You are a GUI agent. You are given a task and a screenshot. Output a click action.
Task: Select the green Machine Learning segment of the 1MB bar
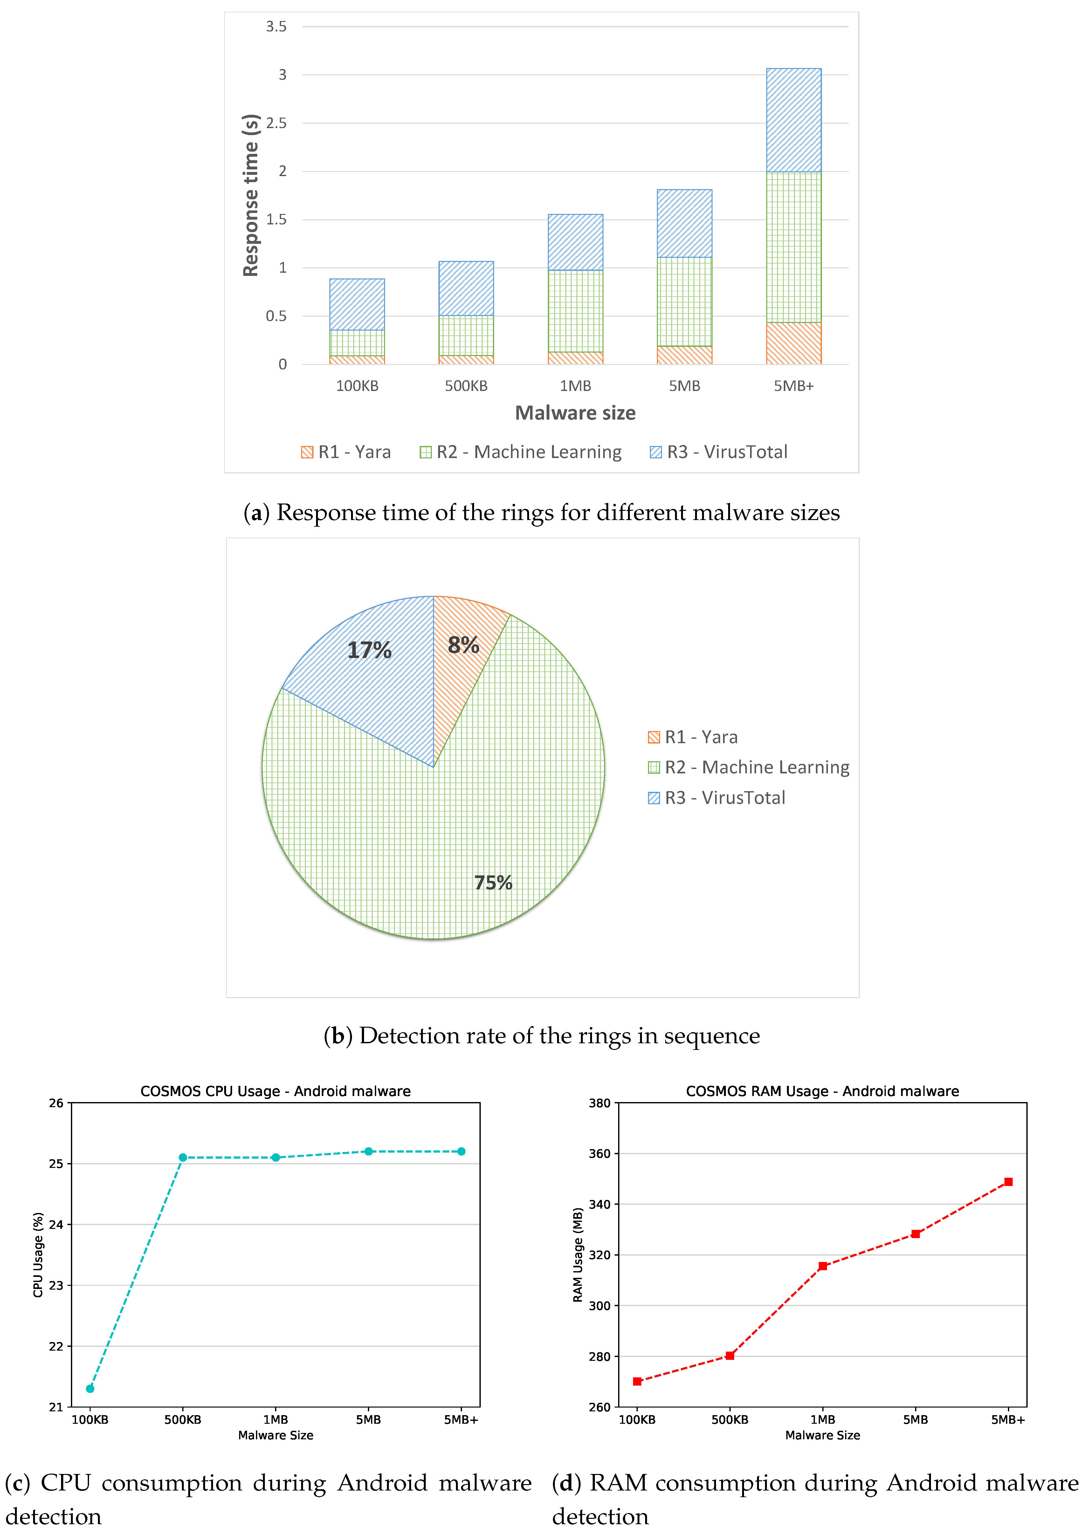(575, 311)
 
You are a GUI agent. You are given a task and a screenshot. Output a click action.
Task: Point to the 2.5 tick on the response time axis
(276, 123)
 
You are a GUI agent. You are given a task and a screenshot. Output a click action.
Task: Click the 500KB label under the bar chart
(466, 386)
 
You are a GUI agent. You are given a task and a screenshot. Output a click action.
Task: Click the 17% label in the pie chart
(369, 650)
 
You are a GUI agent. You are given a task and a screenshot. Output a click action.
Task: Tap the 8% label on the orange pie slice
(464, 645)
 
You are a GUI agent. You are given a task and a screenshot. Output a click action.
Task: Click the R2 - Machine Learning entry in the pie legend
(749, 767)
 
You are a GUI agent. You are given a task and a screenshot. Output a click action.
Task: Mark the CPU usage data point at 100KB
(90, 1388)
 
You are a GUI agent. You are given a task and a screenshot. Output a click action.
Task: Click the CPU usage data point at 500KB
(183, 1157)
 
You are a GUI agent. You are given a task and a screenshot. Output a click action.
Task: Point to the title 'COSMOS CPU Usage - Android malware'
(276, 1091)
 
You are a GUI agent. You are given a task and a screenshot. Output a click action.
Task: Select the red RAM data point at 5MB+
(1008, 1182)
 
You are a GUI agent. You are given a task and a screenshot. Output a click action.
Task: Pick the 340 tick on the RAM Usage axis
(599, 1204)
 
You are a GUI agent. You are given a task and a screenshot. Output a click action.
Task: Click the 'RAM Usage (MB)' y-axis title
(578, 1255)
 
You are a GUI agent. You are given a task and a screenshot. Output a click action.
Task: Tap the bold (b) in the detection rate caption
(338, 1036)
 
